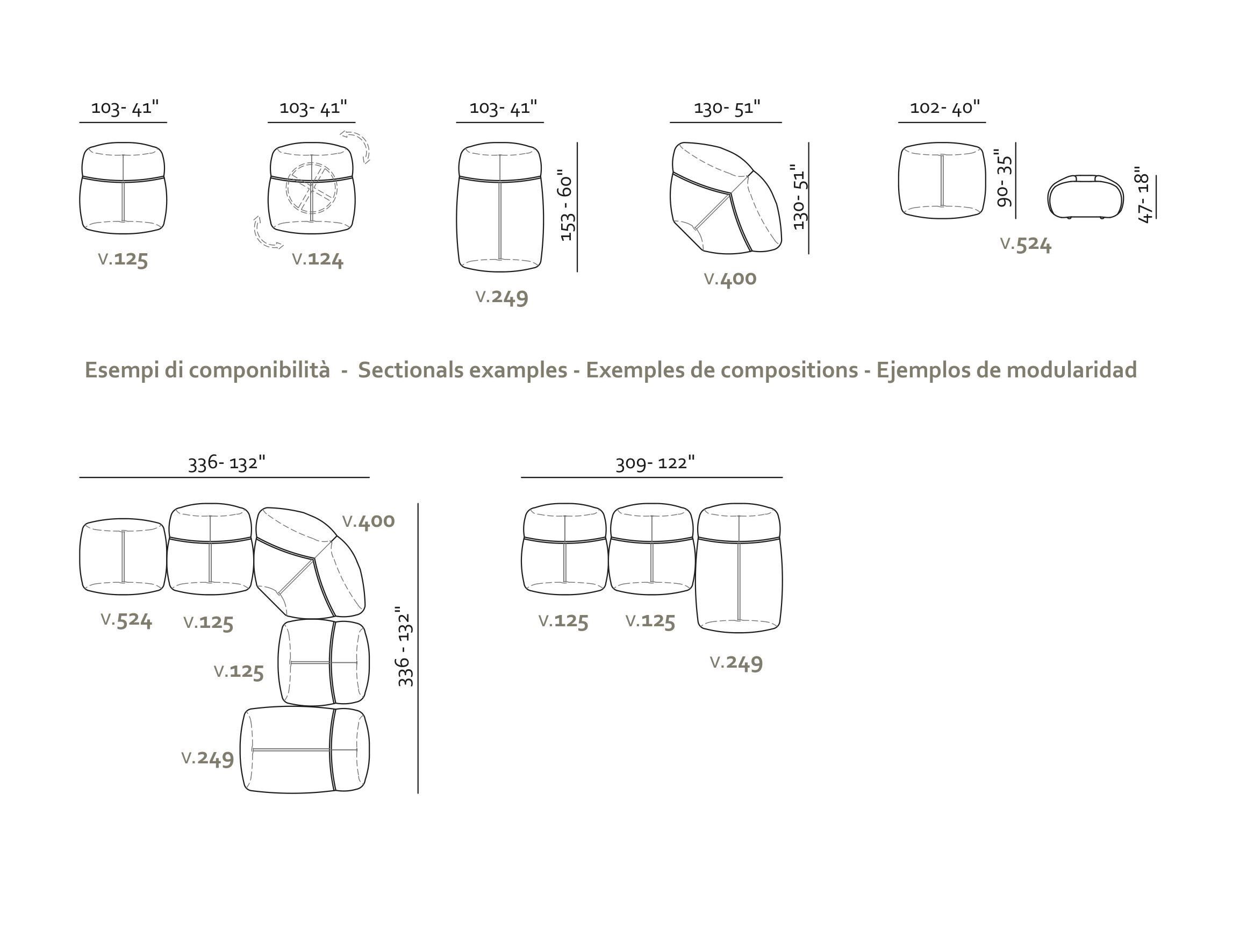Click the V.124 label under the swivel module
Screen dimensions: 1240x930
tap(317, 259)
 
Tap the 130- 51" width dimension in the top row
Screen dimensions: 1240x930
tap(727, 107)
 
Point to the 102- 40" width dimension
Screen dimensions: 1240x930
tap(944, 107)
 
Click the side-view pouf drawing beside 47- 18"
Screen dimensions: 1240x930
tap(1085, 197)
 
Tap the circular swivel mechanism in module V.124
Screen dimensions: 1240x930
tap(312, 189)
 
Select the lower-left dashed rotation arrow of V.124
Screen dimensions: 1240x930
tap(266, 233)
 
